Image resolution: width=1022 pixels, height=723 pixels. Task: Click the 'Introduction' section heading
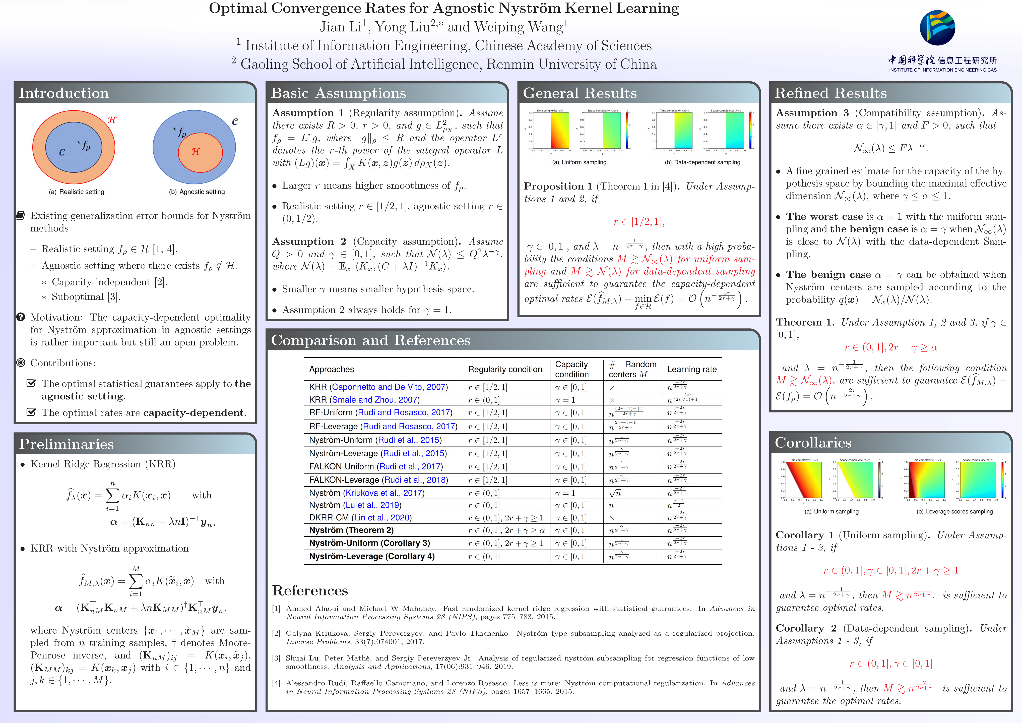pos(64,93)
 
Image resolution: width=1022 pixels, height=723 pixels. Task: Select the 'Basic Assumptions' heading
pos(338,93)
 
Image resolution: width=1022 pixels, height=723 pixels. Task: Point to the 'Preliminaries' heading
pos(66,444)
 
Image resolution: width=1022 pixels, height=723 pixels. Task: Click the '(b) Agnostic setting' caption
pos(197,192)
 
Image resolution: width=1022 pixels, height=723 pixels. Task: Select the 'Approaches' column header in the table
pos(332,369)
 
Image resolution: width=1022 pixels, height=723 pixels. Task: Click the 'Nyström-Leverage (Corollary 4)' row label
pos(372,556)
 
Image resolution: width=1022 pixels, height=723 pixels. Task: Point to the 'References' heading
pos(310,590)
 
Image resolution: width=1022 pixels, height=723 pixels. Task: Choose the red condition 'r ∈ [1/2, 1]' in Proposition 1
pos(639,222)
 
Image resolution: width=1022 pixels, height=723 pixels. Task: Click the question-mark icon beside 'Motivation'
pos(21,317)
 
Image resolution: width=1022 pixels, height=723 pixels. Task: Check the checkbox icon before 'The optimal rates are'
pos(31,412)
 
